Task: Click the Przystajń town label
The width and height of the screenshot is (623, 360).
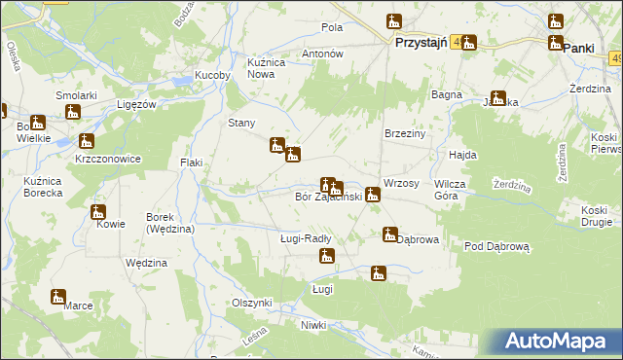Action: (x=421, y=44)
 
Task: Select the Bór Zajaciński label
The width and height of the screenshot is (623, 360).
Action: (x=328, y=198)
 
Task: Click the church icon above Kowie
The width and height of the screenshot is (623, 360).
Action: (x=98, y=212)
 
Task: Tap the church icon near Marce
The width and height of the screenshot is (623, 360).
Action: (x=58, y=296)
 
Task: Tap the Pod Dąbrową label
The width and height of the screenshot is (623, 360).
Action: (x=496, y=247)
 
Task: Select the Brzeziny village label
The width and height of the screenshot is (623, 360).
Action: (x=407, y=133)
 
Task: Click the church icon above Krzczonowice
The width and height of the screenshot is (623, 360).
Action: (x=86, y=141)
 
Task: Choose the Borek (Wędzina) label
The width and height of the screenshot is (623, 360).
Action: (x=170, y=223)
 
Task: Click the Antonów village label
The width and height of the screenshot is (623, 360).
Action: (x=324, y=54)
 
